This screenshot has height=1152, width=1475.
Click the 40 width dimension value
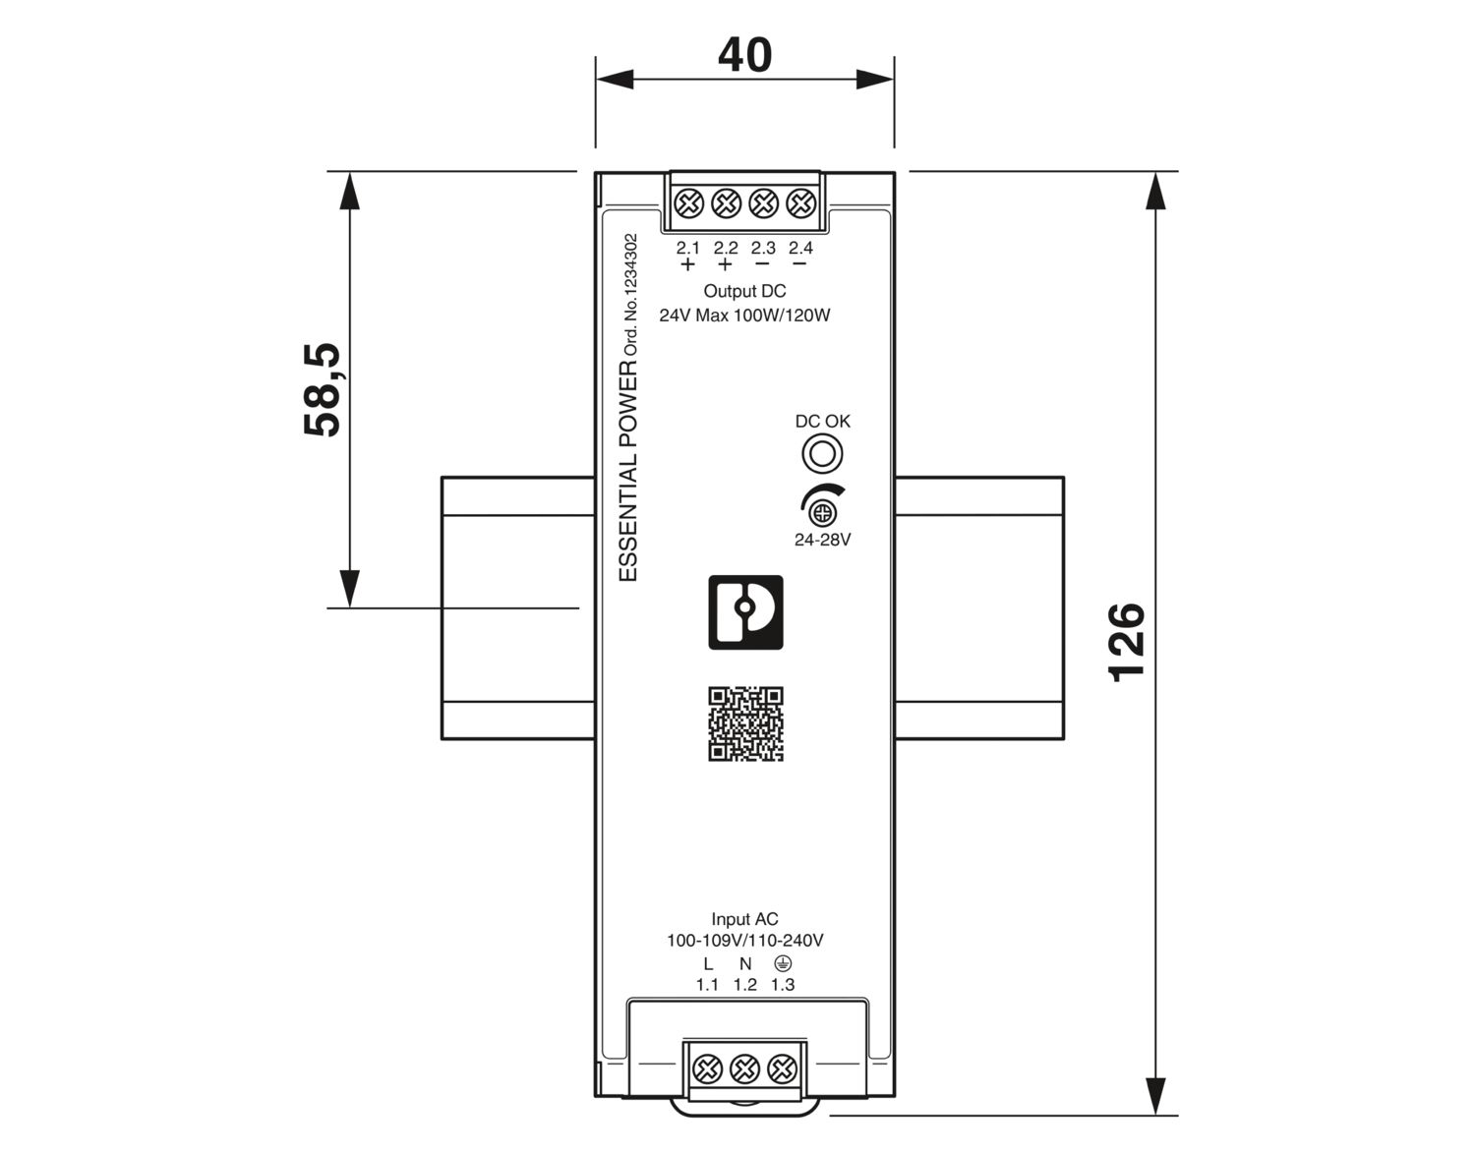pos(744,55)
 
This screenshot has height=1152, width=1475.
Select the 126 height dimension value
pos(1126,642)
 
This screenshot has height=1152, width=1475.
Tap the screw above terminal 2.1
pos(688,202)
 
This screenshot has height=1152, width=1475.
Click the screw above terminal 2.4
pos(800,202)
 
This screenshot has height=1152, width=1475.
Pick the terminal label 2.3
pos(763,248)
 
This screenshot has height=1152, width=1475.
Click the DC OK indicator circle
pos(822,454)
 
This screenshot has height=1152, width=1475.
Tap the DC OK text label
pos(822,422)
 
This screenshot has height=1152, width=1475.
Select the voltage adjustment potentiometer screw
pos(822,513)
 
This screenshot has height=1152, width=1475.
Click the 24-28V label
pos(822,540)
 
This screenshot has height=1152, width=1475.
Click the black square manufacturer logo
pos(745,612)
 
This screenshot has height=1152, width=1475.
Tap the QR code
pos(745,723)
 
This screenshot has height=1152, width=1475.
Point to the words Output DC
pos(744,291)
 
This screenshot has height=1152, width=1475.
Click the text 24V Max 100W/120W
pos(744,316)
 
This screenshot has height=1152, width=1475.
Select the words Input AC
pos(744,919)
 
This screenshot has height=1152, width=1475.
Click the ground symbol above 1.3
pos(783,962)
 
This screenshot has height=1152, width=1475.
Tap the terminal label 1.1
pos(707,985)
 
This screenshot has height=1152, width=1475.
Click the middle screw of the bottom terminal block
pos(744,1068)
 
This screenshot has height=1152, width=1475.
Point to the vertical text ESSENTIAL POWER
pos(628,470)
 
